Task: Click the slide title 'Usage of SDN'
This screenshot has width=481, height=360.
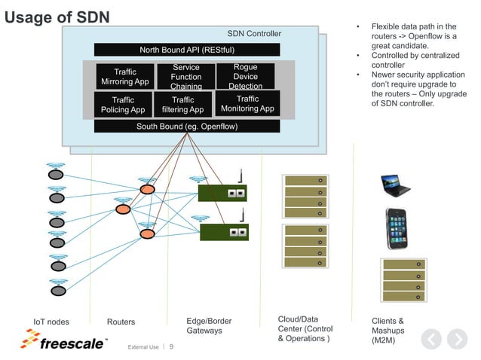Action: (x=57, y=17)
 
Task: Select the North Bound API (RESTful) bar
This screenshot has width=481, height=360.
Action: (x=187, y=50)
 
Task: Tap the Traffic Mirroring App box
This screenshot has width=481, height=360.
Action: (x=125, y=77)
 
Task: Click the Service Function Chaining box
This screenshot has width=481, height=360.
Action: (x=185, y=77)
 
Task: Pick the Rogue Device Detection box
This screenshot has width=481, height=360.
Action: (x=246, y=77)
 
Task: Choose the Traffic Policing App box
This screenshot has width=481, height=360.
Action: (x=122, y=105)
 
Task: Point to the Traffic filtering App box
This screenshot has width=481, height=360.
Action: (x=182, y=105)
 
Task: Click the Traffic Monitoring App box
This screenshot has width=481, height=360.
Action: (x=247, y=104)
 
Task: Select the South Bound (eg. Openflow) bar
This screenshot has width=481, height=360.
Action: (x=187, y=126)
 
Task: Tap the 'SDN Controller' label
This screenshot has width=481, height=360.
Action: (x=254, y=34)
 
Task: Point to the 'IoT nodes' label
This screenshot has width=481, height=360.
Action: (x=51, y=322)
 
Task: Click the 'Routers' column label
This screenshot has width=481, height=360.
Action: (x=121, y=322)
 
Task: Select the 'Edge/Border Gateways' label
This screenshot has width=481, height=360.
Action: (x=209, y=325)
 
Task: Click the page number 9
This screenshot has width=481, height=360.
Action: (x=170, y=347)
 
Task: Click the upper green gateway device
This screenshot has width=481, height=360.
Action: (x=222, y=193)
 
